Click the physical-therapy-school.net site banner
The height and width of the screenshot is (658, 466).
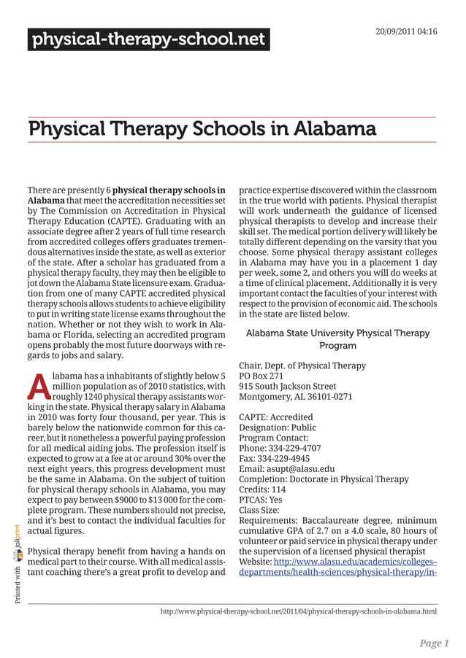point(148,39)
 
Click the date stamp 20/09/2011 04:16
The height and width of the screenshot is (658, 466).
point(406,32)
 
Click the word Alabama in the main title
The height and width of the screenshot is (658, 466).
point(335,129)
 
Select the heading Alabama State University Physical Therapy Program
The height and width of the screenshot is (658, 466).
point(337,339)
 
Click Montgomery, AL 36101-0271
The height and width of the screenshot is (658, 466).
point(296,397)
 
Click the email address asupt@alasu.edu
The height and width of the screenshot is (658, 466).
point(303,468)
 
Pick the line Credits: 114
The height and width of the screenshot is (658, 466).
point(262,489)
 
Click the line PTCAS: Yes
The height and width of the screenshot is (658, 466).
point(261,500)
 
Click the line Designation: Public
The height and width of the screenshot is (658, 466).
point(278,427)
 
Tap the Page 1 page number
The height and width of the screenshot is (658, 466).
point(434,643)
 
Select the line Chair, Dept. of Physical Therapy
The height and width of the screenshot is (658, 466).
point(302,365)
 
